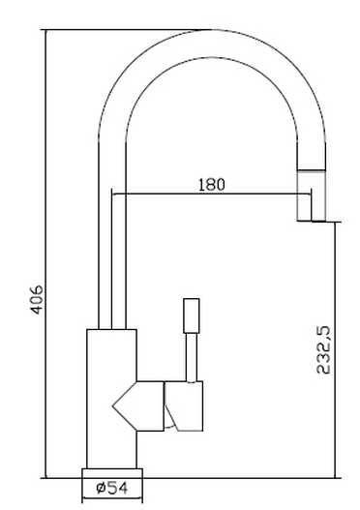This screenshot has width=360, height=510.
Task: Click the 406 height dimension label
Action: click(x=37, y=300)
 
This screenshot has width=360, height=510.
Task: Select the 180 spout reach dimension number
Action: click(x=211, y=185)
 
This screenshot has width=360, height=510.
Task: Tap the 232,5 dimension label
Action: click(x=323, y=350)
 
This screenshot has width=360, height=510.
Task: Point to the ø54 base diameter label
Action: click(x=112, y=488)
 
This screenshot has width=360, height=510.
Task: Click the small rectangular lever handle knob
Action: click(x=192, y=315)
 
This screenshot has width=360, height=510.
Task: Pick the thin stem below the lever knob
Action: click(x=192, y=357)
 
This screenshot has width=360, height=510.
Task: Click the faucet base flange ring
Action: click(x=112, y=473)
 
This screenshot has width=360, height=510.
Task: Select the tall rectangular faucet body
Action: click(x=111, y=399)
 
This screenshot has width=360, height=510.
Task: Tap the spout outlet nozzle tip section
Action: click(x=312, y=195)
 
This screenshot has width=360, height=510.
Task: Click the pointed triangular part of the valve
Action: click(x=125, y=405)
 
